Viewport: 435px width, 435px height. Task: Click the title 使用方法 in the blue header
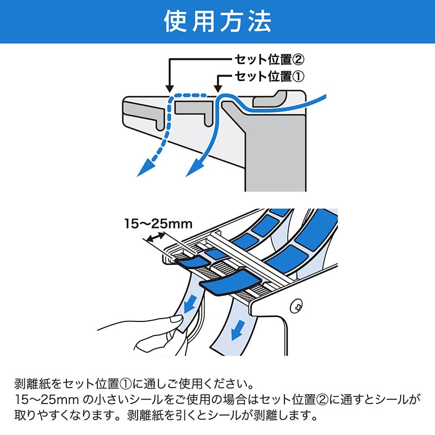217,22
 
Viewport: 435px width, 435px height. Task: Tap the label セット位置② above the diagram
268,59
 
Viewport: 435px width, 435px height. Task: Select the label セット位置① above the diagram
268,76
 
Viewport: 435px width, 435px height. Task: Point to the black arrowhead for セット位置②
169,88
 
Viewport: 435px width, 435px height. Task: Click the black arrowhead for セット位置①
218,88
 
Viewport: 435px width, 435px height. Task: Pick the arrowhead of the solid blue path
192,169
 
